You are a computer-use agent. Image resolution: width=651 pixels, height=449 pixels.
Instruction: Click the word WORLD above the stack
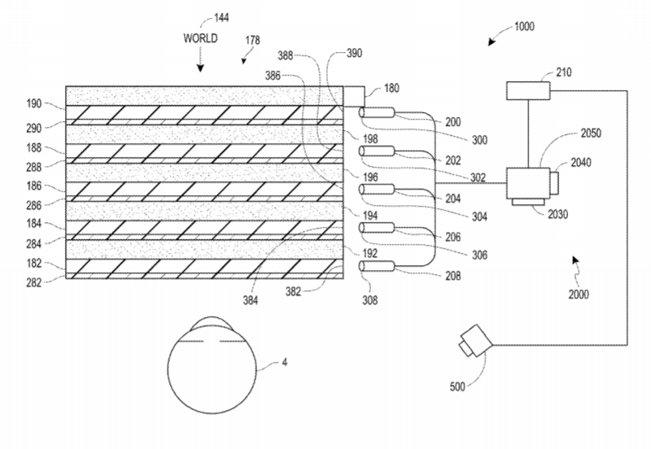click(200, 38)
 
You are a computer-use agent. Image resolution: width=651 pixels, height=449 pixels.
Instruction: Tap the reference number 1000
click(524, 27)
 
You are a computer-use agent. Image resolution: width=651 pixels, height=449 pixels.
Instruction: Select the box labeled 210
click(528, 91)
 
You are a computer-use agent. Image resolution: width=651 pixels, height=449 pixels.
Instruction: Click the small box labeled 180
click(354, 96)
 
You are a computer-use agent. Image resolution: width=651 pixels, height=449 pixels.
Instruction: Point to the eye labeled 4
click(212, 365)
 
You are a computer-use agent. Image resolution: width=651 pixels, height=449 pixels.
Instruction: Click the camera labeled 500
click(475, 341)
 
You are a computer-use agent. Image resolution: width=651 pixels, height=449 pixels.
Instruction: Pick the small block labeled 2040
click(554, 183)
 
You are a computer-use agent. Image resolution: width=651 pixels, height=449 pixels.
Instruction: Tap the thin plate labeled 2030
click(527, 202)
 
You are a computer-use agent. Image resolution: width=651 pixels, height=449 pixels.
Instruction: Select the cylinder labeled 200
click(377, 112)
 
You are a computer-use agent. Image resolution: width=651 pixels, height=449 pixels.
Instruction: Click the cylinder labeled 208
click(377, 266)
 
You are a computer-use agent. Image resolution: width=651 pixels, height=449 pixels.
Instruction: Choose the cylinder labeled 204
click(377, 190)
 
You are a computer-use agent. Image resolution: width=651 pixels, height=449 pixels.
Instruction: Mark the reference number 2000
click(579, 294)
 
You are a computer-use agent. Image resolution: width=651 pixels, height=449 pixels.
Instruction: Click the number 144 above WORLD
click(221, 17)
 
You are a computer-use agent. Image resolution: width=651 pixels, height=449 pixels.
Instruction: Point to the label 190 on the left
click(34, 103)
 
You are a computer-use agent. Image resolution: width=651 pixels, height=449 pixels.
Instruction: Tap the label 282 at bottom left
click(34, 282)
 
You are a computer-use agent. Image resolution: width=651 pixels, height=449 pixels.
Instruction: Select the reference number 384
click(251, 300)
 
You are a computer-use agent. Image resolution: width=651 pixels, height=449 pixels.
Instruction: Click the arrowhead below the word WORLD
click(200, 68)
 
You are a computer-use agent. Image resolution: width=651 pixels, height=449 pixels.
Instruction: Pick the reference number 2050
click(591, 133)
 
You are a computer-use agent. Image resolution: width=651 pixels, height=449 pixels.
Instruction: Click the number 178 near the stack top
click(252, 40)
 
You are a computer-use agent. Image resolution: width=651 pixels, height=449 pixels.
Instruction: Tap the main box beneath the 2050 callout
click(528, 183)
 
